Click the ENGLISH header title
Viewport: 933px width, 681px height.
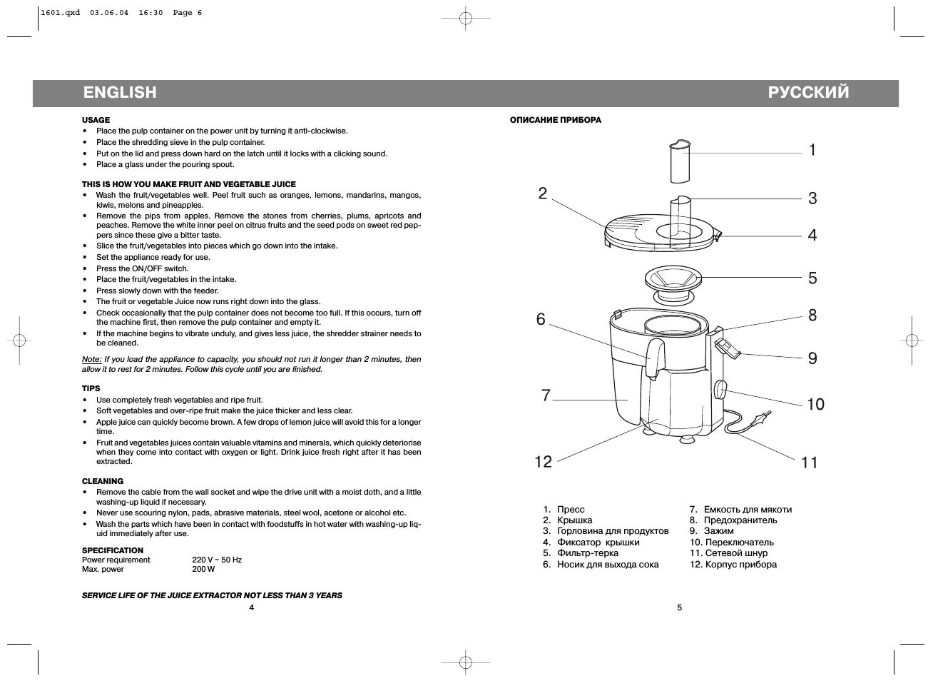pos(119,92)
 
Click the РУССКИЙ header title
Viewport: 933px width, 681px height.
pos(808,92)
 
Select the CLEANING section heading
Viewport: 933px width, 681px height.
pos(103,481)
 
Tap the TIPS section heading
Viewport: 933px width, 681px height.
pos(91,389)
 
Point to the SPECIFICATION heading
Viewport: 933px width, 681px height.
pos(113,550)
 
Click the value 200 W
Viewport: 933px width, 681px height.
pos(203,569)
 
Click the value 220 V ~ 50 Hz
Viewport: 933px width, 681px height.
pos(217,560)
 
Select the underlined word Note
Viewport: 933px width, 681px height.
pos(91,360)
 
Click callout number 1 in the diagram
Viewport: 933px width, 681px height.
pos(812,150)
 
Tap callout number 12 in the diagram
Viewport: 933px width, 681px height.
pos(544,462)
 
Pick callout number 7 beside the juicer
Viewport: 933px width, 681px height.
pos(546,395)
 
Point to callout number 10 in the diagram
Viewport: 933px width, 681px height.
pos(815,405)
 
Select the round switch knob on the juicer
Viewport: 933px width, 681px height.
pos(720,390)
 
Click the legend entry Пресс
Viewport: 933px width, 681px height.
pos(571,510)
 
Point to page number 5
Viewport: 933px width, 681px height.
pos(680,607)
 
